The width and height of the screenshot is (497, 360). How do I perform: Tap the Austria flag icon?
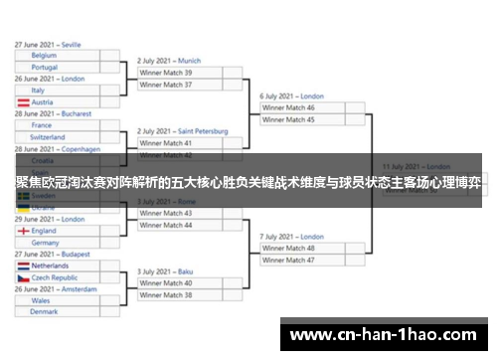tap(22, 102)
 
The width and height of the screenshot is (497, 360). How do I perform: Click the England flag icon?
tap(22, 231)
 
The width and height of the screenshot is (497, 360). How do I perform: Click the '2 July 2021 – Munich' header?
tap(169, 61)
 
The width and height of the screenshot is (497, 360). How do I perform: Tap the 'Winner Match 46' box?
tap(303, 107)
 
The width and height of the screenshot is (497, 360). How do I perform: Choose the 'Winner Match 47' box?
tap(303, 260)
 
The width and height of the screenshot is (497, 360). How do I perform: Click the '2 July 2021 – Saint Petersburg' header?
tap(183, 131)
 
